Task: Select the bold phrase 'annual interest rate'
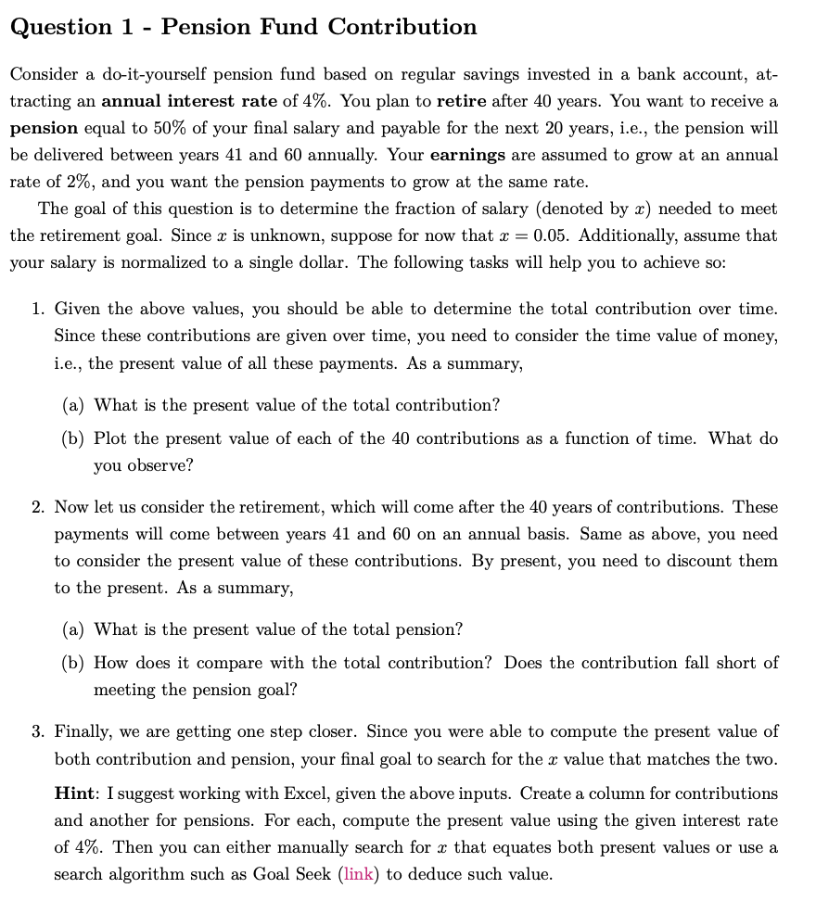188,100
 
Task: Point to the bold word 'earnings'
469,154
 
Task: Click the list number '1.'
38,309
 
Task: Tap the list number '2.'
38,507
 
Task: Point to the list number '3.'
38,731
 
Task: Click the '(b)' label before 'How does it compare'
72,663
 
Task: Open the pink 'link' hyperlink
359,874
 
